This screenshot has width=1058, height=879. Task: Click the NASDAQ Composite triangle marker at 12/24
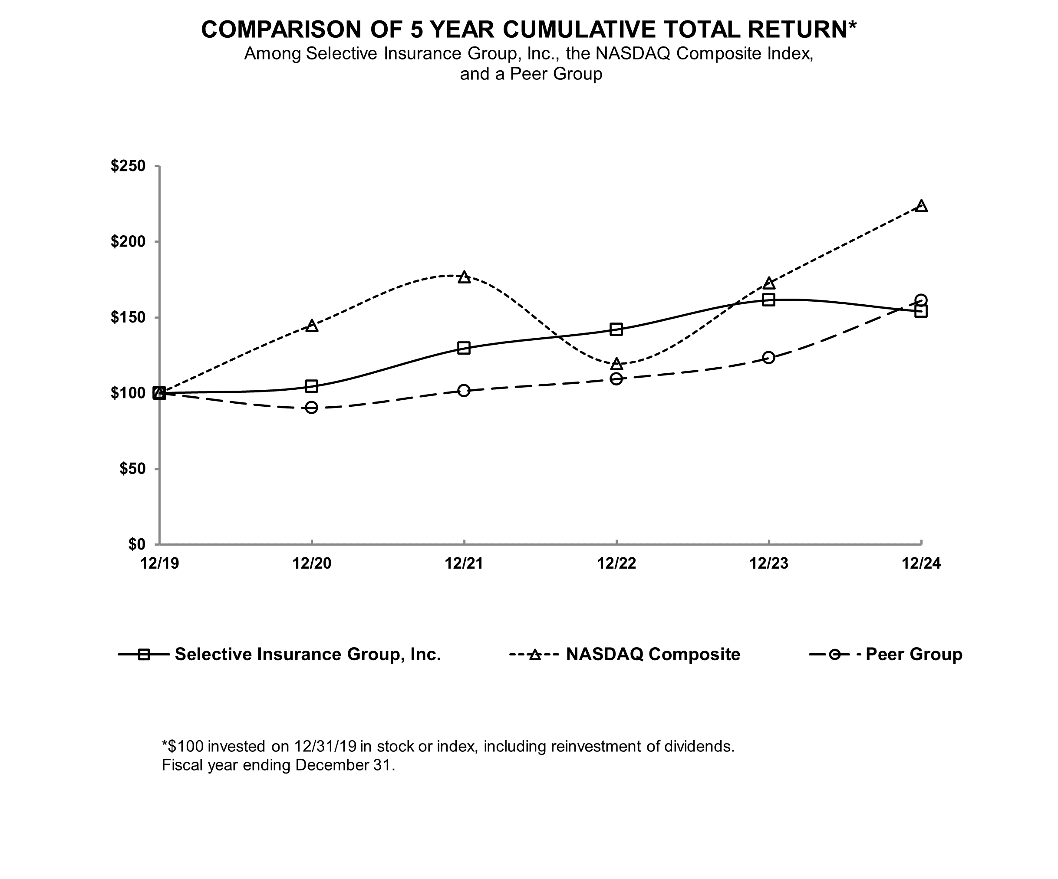coord(921,206)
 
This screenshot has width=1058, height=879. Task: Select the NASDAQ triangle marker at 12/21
coord(464,277)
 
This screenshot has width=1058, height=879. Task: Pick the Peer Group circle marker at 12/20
coord(312,407)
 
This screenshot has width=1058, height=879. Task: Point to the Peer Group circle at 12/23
coord(768,358)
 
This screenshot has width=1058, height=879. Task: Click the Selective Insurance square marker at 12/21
coord(464,348)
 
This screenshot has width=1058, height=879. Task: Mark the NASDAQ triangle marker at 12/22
coord(616,364)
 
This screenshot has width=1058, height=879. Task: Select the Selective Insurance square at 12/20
coord(312,386)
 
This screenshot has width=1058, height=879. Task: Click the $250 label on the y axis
coord(128,166)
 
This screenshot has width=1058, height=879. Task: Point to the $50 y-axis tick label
coord(132,469)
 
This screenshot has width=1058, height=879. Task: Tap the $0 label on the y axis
coord(136,544)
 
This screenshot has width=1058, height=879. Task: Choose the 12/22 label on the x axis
coord(616,563)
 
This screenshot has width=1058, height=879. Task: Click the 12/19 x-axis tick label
coord(159,563)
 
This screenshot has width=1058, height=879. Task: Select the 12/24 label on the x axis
coord(921,563)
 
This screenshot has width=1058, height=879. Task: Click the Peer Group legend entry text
coord(913,654)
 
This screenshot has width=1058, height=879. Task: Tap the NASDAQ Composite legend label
coord(653,654)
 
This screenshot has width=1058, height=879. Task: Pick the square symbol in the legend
coord(144,654)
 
